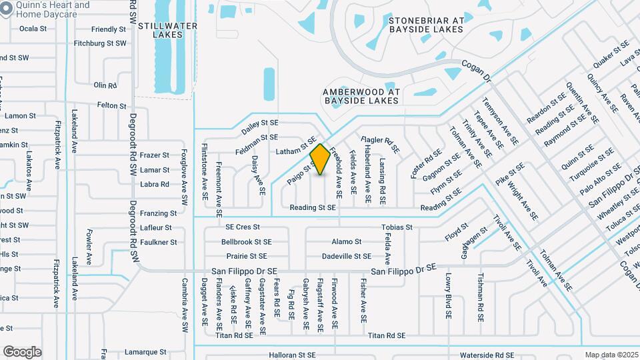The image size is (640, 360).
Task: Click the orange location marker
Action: (x=320, y=159)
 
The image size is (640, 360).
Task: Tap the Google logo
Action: (x=22, y=351)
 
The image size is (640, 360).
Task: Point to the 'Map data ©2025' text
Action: (x=611, y=355)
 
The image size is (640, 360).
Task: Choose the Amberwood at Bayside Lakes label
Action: (x=361, y=96)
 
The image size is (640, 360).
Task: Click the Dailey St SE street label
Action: (x=259, y=123)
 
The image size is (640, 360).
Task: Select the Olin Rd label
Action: (x=105, y=85)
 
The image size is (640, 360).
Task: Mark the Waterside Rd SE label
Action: (x=478, y=355)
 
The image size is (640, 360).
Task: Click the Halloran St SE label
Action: (x=291, y=355)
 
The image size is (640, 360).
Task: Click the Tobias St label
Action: (x=397, y=227)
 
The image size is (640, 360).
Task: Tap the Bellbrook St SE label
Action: (x=247, y=242)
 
